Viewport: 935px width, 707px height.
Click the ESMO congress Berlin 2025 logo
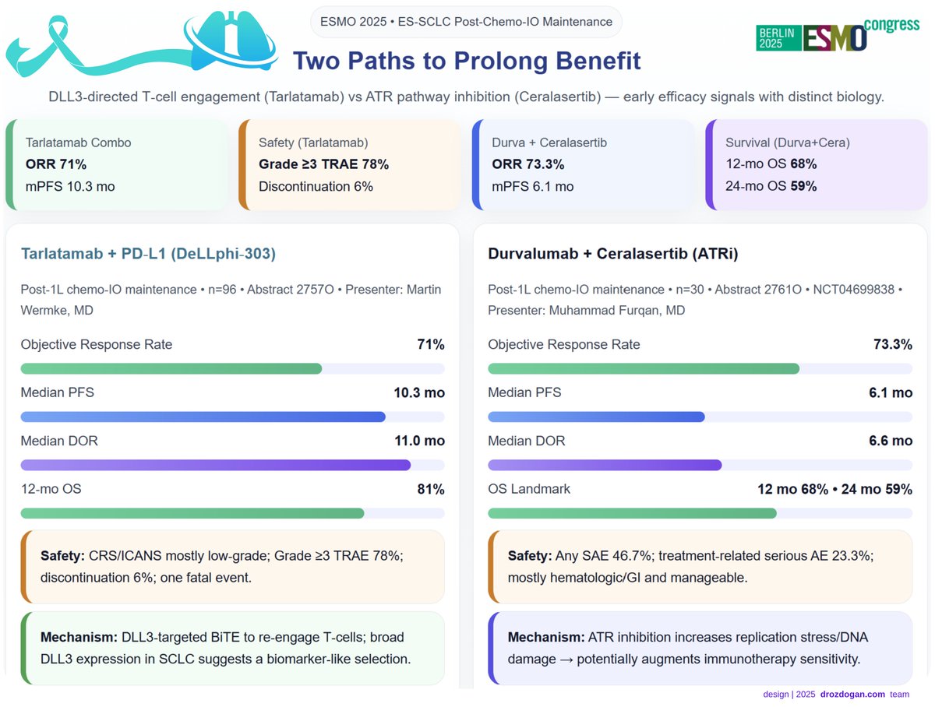pyautogui.click(x=837, y=36)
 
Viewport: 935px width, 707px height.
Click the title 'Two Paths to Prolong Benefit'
pyautogui.click(x=467, y=60)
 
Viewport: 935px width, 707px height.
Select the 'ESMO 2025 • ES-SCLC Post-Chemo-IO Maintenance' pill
pyautogui.click(x=466, y=22)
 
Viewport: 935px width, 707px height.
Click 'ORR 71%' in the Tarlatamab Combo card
pyautogui.click(x=56, y=164)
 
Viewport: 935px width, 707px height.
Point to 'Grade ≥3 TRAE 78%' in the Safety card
pyautogui.click(x=323, y=164)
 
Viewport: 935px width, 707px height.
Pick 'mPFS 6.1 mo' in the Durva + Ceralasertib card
pyautogui.click(x=532, y=186)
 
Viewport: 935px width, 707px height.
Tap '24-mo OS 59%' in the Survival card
pyautogui.click(x=771, y=186)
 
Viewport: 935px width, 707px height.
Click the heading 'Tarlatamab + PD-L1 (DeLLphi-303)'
pyautogui.click(x=148, y=254)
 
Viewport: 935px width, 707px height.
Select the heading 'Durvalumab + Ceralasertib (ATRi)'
pyautogui.click(x=613, y=254)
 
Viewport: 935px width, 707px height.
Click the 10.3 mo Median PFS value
pyautogui.click(x=419, y=392)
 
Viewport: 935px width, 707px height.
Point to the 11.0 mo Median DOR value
pyautogui.click(x=419, y=441)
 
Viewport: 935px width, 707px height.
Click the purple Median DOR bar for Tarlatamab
pyautogui.click(x=215, y=465)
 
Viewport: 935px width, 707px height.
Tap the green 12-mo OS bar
pyautogui.click(x=192, y=513)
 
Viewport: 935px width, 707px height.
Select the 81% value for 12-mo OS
pyautogui.click(x=430, y=489)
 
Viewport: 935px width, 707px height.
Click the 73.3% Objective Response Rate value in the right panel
pyautogui.click(x=892, y=344)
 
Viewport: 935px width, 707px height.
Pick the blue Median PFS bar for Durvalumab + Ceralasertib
pyautogui.click(x=596, y=417)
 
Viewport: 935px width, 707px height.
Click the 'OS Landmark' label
pyautogui.click(x=529, y=489)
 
